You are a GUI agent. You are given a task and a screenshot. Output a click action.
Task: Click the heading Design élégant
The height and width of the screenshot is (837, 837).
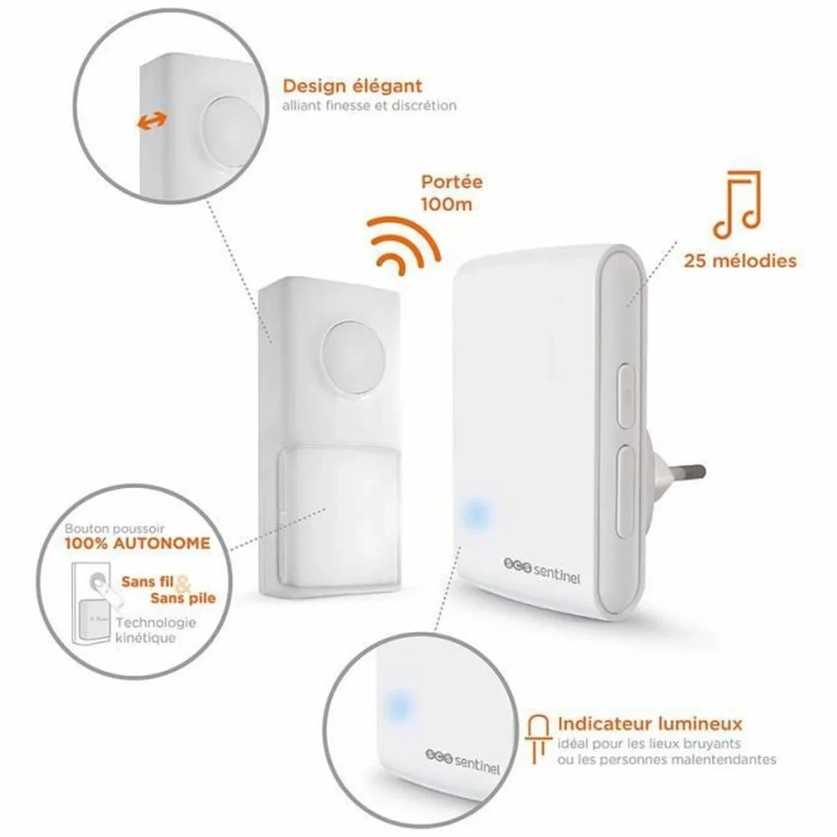point(352,86)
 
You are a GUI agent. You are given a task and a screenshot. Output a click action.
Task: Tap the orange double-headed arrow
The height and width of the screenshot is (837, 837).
point(152,122)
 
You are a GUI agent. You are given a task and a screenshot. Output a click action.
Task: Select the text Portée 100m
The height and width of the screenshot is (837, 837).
point(451,193)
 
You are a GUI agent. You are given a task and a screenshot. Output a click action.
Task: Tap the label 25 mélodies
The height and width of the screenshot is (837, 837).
point(739,261)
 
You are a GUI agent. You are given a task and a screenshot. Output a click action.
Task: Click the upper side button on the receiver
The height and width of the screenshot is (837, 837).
point(626,397)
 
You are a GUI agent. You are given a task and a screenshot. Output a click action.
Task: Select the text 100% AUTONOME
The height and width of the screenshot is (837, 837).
point(137,543)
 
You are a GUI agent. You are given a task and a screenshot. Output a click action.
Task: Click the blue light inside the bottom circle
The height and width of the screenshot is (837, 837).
point(400,702)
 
